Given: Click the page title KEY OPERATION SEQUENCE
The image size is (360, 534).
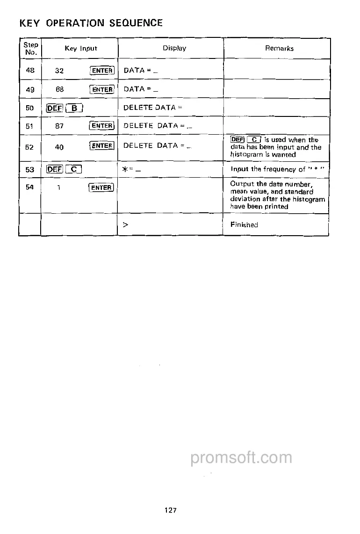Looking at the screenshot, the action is [91, 23].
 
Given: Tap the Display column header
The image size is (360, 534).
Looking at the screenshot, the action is [174, 48].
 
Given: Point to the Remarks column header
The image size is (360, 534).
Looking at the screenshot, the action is [279, 48].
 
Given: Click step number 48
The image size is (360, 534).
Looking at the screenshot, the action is [29, 70].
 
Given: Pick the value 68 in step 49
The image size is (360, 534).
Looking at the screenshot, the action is [59, 89].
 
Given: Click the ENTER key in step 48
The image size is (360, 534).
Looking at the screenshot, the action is [102, 71].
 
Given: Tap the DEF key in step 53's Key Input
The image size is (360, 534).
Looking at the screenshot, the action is [54, 170].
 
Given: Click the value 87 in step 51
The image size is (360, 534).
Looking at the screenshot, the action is [59, 126].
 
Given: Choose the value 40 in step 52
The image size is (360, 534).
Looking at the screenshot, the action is [59, 147].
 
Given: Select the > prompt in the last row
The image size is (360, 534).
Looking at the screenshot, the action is [125, 225].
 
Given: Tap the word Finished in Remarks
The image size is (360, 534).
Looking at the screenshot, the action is [244, 225].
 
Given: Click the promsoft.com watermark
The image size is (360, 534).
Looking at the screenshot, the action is [241, 458].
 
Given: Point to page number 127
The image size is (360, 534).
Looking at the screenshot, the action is [170, 510].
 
